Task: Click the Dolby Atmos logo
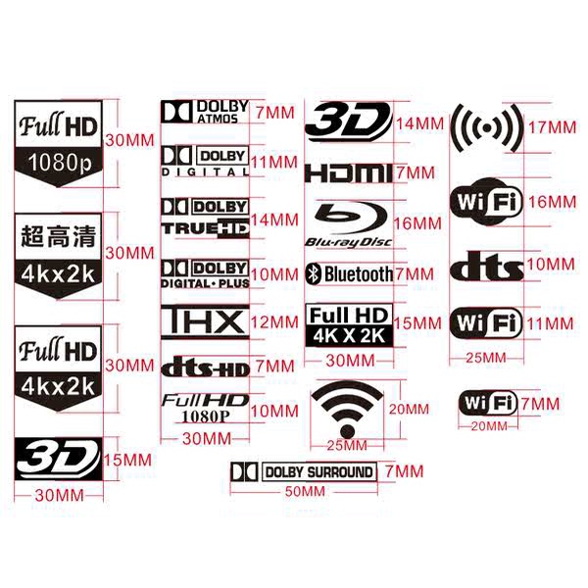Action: (x=205, y=112)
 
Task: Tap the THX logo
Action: (x=204, y=321)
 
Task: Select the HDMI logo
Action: (x=348, y=173)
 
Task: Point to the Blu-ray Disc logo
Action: (x=349, y=223)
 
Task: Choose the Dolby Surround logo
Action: (x=303, y=472)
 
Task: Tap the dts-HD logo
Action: (x=204, y=367)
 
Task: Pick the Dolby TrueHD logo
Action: (x=204, y=218)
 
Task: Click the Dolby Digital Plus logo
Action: (x=204, y=272)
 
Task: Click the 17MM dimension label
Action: (x=550, y=127)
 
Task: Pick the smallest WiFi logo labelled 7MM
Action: (x=488, y=403)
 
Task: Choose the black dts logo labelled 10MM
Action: (x=488, y=266)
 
